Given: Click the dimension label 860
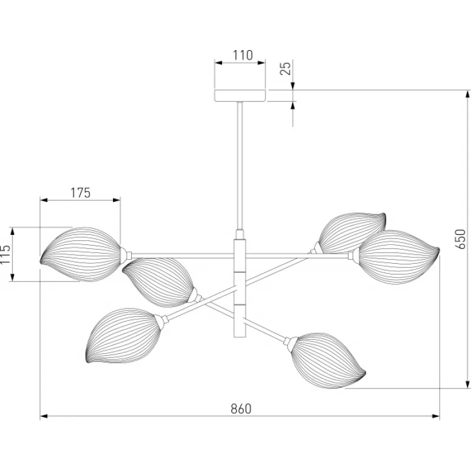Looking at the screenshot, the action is click(241, 409).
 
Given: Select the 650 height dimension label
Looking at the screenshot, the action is click(460, 239).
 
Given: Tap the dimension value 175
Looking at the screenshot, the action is click(80, 193).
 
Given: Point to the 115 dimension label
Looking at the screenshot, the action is click(5, 254).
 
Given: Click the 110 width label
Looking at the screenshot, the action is click(243, 55).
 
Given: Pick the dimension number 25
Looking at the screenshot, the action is click(286, 68).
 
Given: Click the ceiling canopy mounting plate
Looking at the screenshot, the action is click(240, 95).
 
